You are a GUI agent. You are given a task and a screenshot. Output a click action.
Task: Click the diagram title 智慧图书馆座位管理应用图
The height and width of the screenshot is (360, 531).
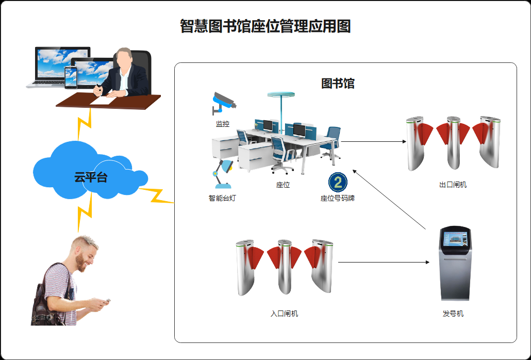coord(265,26)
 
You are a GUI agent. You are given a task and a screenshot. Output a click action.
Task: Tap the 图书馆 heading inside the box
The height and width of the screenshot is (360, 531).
coord(338,84)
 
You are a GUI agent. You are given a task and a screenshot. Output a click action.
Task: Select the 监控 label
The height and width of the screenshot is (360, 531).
coord(223,124)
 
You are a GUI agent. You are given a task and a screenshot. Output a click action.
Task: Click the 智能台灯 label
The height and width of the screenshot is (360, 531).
coord(222,198)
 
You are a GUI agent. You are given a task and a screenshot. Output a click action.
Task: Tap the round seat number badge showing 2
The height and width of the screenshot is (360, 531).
coord(338,182)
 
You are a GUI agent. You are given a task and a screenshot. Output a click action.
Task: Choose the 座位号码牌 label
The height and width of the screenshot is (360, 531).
coord(338,198)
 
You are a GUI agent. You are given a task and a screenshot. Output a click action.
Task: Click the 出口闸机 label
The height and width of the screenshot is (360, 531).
coord(453,185)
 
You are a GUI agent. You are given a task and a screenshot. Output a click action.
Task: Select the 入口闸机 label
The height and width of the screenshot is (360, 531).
coord(284,314)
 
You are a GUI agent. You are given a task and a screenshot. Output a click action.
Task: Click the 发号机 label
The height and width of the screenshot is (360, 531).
coord(453,314)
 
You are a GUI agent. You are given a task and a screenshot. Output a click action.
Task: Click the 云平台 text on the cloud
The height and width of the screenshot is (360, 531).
coord(91,178)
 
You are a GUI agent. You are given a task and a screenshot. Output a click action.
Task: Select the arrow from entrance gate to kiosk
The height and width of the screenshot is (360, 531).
coord(384,262)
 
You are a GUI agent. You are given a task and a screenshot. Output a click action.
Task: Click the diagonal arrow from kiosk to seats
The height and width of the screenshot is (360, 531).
coord(389,199)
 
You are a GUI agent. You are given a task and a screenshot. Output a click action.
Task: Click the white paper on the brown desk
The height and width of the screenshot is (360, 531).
coord(103,101)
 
